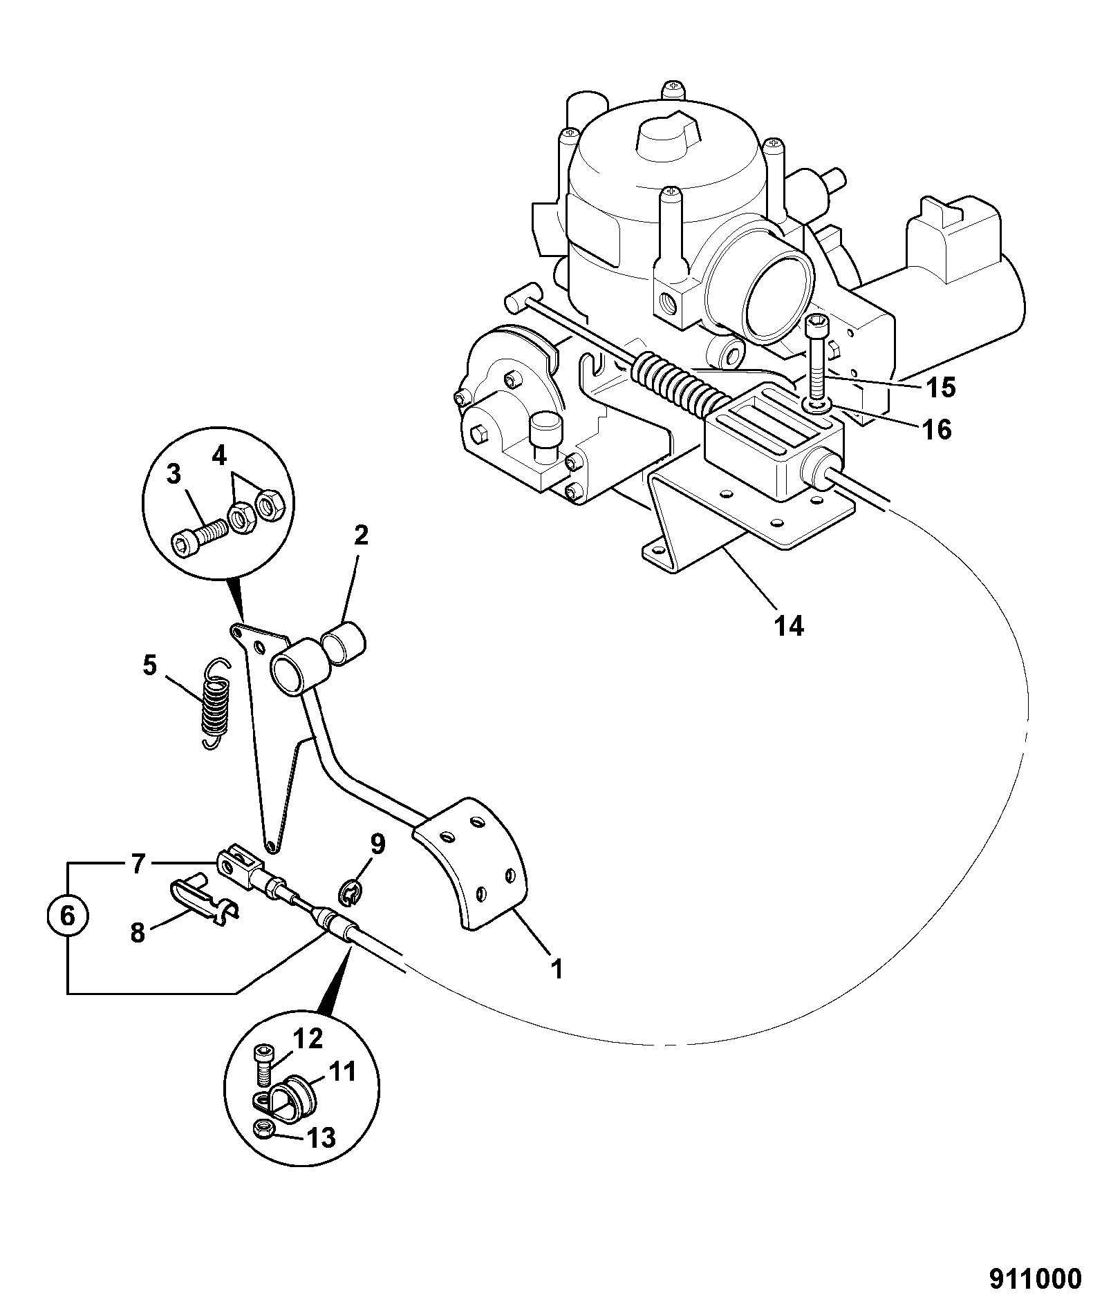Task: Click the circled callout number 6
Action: [x=67, y=916]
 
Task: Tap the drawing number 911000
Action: [x=1034, y=1278]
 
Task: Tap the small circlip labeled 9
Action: [x=353, y=891]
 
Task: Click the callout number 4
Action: [x=218, y=456]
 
